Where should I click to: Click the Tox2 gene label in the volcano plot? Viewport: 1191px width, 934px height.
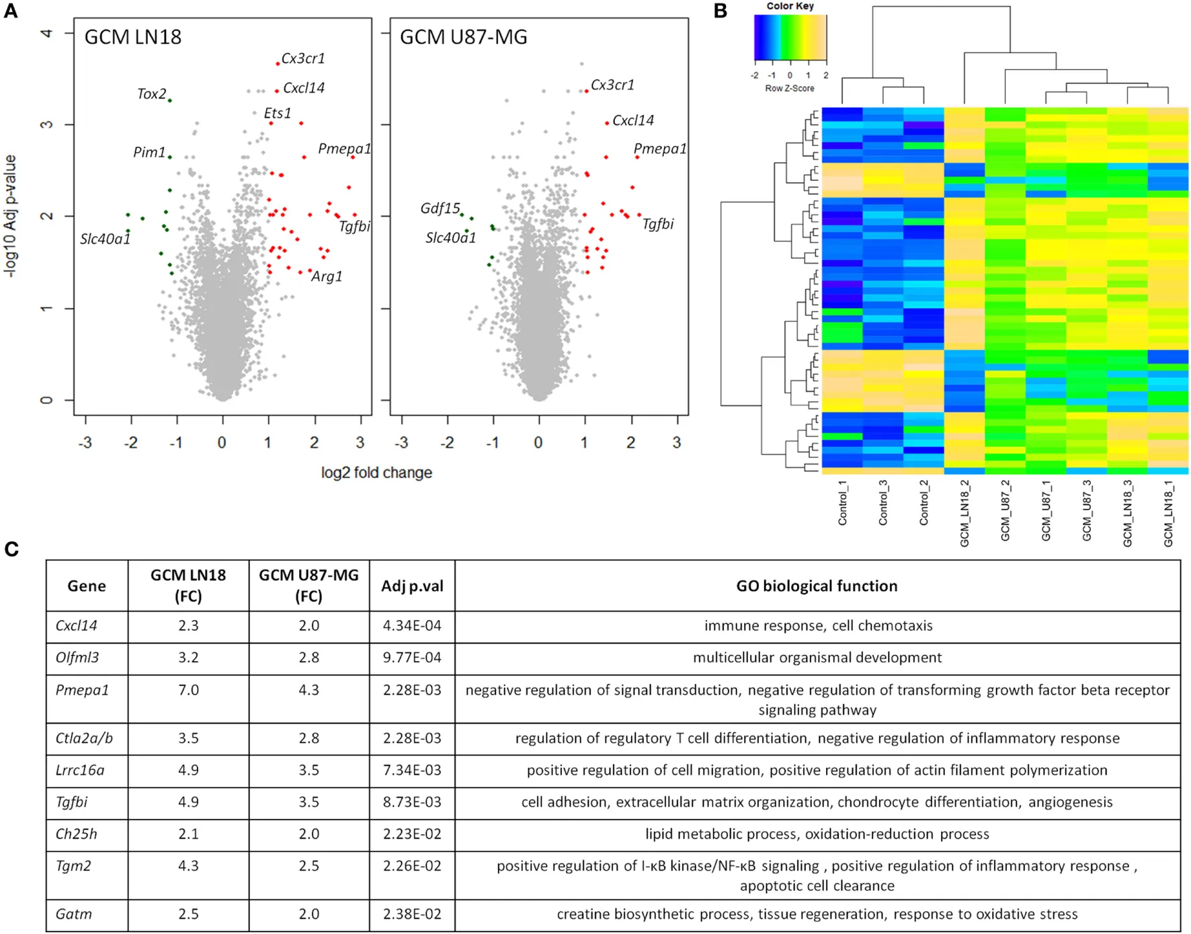[x=151, y=94]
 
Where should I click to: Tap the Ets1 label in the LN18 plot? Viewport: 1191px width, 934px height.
[x=278, y=113]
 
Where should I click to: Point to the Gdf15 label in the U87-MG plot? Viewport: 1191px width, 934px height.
[x=440, y=208]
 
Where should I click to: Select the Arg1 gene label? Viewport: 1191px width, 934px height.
[x=327, y=276]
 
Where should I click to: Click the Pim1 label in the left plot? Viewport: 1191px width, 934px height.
[x=149, y=153]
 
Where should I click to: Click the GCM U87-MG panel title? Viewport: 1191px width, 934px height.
[x=463, y=37]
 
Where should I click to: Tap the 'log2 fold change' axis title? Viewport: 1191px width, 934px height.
[x=376, y=473]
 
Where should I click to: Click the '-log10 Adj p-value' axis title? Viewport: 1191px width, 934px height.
[x=11, y=216]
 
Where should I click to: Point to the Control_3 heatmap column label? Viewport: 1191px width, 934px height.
[x=883, y=503]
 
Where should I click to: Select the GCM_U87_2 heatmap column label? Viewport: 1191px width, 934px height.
[x=1005, y=510]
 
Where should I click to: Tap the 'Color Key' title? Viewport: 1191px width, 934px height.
[x=790, y=6]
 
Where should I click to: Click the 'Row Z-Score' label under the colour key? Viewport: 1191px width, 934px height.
[x=790, y=88]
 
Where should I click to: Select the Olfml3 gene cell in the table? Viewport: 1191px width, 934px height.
[x=77, y=658]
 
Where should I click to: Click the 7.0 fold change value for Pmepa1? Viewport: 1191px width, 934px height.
[x=188, y=690]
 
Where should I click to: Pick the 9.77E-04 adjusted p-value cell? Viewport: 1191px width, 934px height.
[x=412, y=658]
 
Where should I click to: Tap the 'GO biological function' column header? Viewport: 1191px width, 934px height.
[x=817, y=586]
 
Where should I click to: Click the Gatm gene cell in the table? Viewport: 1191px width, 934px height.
[x=73, y=914]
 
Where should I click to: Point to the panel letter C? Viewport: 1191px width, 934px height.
[x=11, y=549]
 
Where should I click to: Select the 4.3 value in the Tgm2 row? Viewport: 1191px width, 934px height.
[x=188, y=865]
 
